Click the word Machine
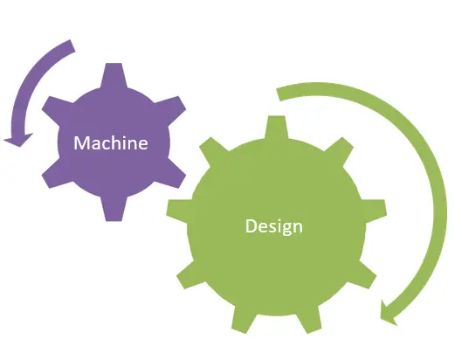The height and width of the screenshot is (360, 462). pyautogui.click(x=111, y=142)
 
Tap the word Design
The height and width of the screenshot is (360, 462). pyautogui.click(x=274, y=226)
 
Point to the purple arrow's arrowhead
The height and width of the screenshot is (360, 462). pyautogui.click(x=18, y=140)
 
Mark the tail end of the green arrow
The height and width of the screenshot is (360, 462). pyautogui.click(x=279, y=94)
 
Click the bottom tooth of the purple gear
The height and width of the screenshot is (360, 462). pyautogui.click(x=114, y=210)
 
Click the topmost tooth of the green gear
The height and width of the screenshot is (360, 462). pyautogui.click(x=276, y=127)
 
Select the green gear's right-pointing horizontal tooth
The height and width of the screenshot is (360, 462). pyautogui.click(x=375, y=211)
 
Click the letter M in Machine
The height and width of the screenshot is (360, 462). pyautogui.click(x=81, y=142)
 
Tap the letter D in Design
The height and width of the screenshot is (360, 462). pyautogui.click(x=251, y=225)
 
